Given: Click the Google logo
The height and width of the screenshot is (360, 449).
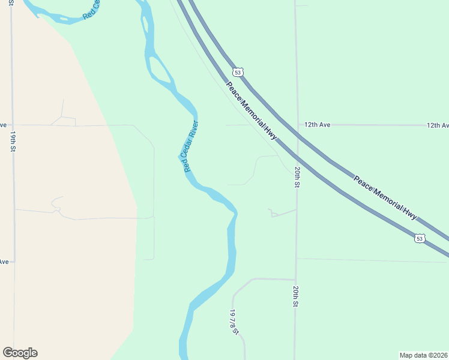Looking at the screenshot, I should pyautogui.click(x=20, y=353).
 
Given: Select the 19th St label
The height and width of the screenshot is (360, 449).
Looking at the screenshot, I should pyautogui.click(x=12, y=142).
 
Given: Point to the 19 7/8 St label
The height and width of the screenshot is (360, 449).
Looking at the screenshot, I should pyautogui.click(x=234, y=323).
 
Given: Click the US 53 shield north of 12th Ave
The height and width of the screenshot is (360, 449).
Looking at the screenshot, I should pyautogui.click(x=238, y=72).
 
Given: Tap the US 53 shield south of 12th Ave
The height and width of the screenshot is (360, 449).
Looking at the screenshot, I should pyautogui.click(x=420, y=239).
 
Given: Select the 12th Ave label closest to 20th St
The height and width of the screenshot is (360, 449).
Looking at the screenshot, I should pyautogui.click(x=318, y=125).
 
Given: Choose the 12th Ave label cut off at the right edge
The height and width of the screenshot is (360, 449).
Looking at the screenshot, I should pyautogui.click(x=438, y=125).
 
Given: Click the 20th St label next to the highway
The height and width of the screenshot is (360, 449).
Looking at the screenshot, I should pyautogui.click(x=297, y=178).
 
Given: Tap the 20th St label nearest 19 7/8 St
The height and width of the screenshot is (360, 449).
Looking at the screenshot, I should pyautogui.click(x=296, y=296).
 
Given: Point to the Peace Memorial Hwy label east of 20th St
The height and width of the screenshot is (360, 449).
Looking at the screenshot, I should pyautogui.click(x=385, y=197).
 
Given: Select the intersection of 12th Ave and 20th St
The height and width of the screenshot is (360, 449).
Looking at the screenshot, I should pyautogui.click(x=296, y=125).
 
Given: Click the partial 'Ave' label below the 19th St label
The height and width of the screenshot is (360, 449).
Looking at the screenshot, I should pyautogui.click(x=4, y=262).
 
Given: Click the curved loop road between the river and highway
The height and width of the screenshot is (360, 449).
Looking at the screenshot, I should pyautogui.click(x=256, y=168).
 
